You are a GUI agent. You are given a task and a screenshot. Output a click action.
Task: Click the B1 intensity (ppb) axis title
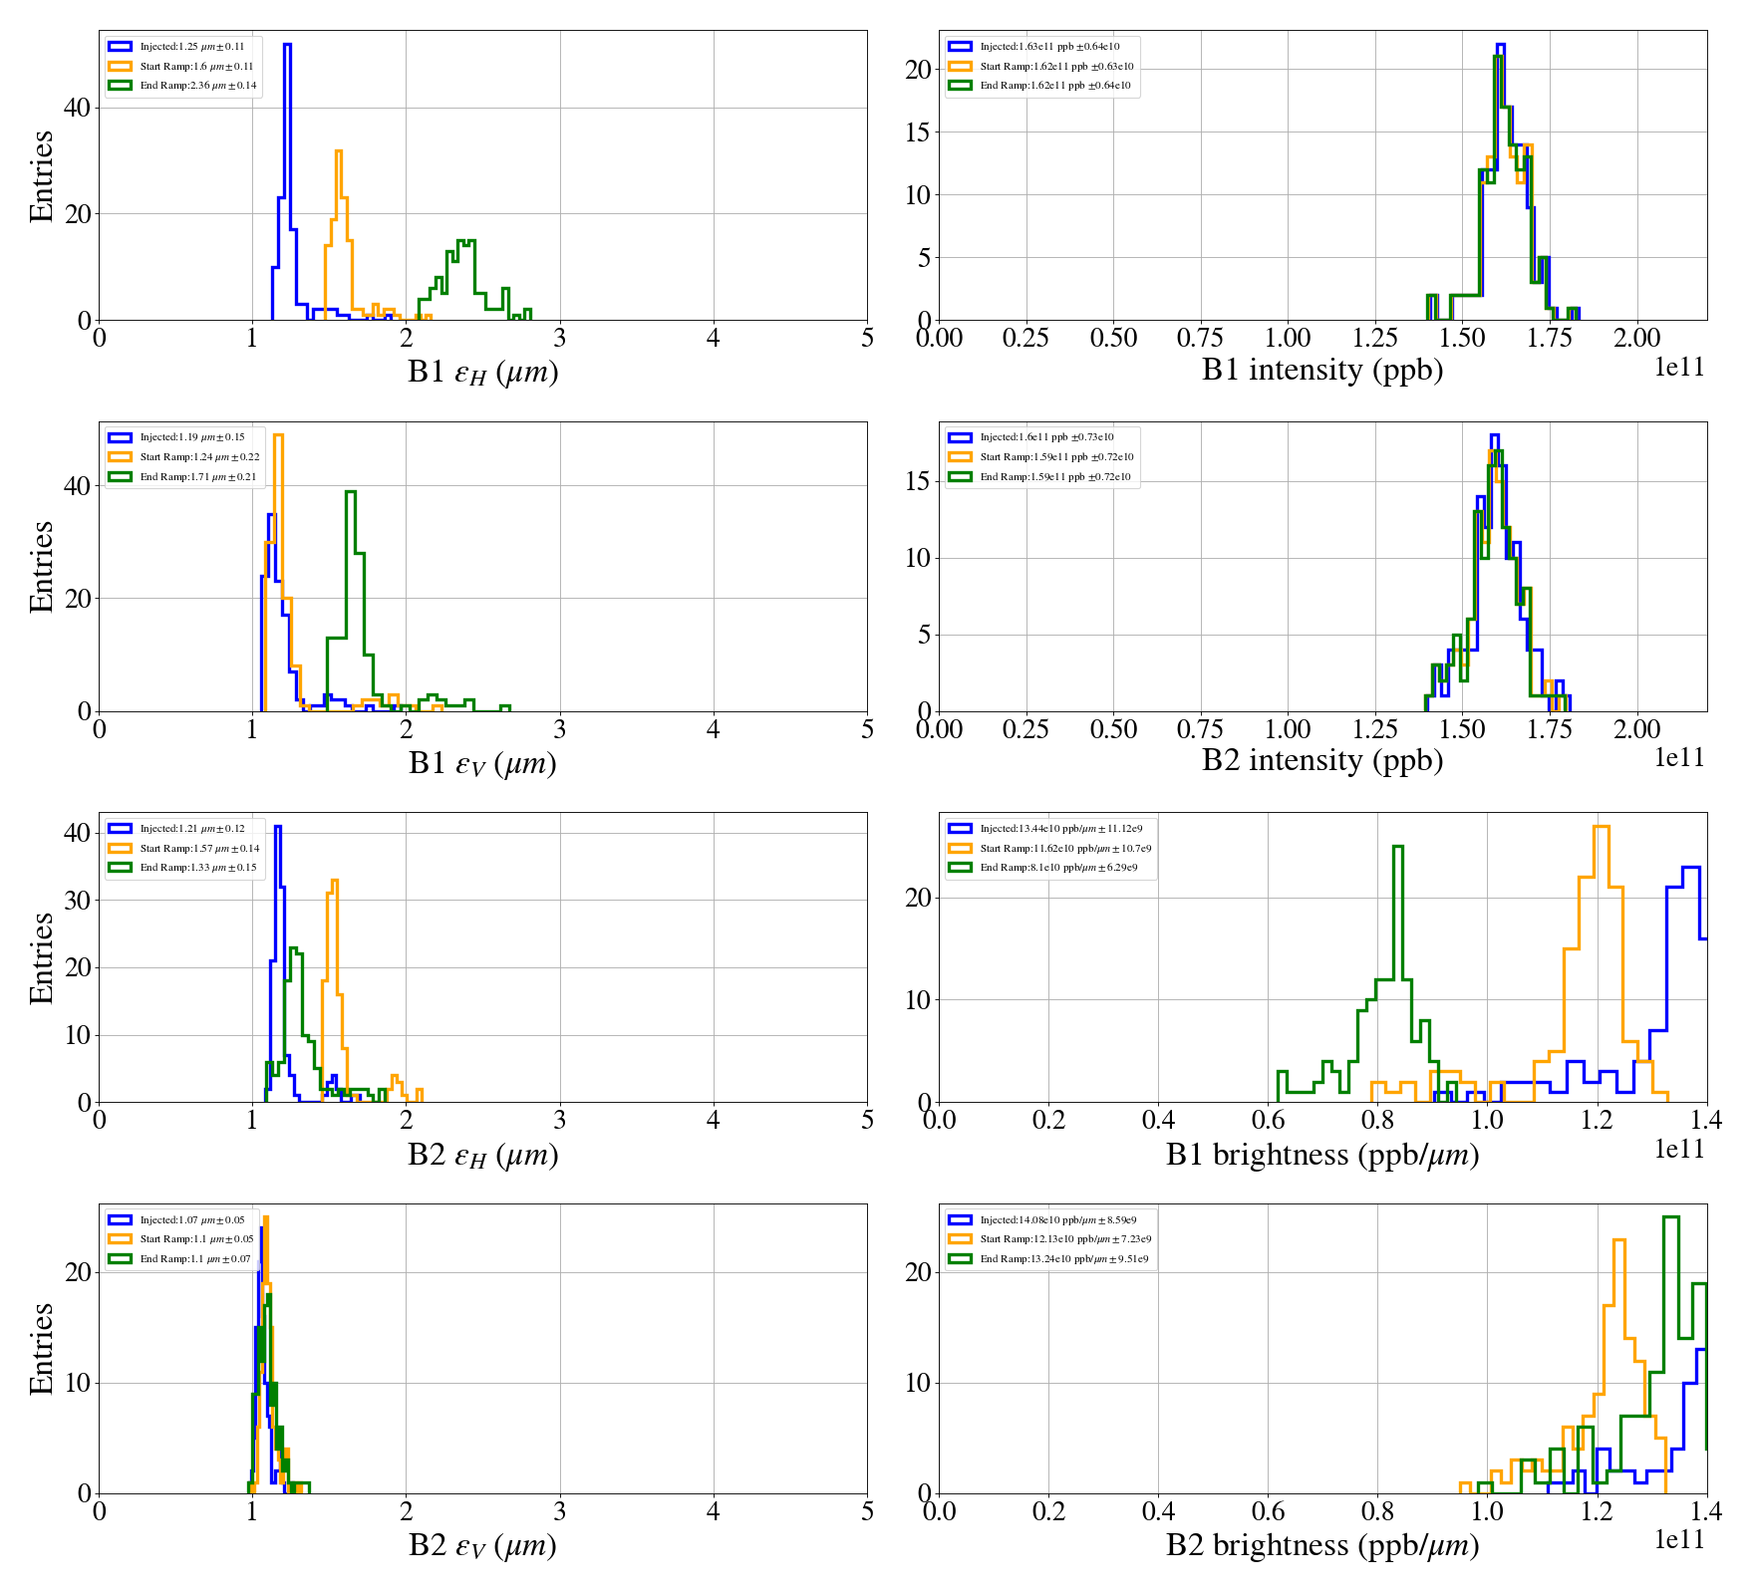point(1322,370)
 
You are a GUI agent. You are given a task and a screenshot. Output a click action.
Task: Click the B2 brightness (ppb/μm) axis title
point(1322,1545)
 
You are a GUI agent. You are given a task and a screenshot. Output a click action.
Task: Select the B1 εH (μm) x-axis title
point(482,372)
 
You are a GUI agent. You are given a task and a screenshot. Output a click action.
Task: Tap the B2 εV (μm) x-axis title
point(482,1545)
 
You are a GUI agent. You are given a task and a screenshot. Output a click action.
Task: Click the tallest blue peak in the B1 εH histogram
point(287,46)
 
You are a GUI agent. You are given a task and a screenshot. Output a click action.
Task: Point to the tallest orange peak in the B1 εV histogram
point(278,436)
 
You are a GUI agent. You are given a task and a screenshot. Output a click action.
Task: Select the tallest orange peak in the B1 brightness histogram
point(1602,828)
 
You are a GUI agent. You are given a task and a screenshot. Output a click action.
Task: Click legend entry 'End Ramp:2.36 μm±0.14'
point(198,86)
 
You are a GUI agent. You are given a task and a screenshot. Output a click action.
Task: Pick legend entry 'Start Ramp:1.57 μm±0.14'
point(199,849)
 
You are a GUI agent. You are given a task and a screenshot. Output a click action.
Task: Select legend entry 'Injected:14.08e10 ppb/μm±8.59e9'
point(1057,1220)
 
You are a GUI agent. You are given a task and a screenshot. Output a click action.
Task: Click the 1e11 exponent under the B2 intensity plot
point(1679,758)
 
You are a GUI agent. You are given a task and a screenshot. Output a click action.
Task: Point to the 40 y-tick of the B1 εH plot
point(77,108)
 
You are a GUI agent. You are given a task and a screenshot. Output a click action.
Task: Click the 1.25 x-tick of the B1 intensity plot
point(1375,339)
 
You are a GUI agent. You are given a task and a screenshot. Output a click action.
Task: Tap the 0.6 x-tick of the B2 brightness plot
point(1268,1511)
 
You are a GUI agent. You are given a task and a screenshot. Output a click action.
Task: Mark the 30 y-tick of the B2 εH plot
point(77,901)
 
